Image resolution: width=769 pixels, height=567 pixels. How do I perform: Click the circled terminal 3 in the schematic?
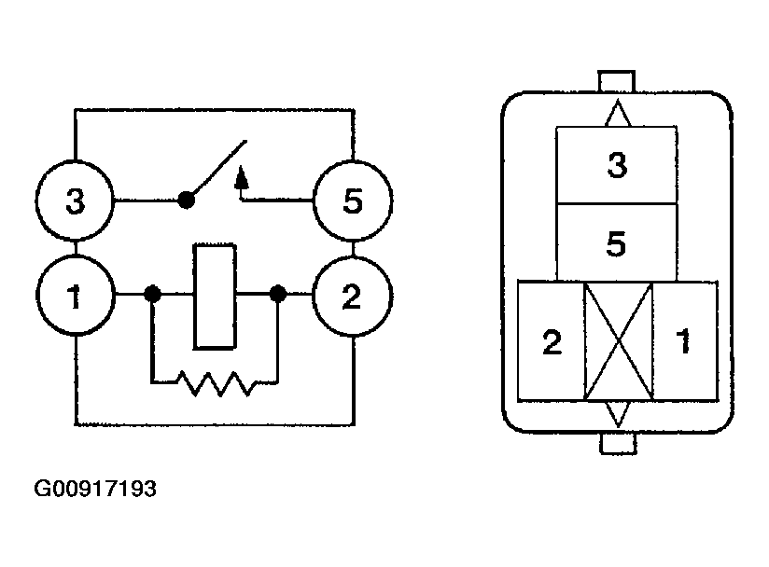pos(75,201)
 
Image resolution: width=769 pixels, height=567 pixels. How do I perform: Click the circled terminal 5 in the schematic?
pos(353,201)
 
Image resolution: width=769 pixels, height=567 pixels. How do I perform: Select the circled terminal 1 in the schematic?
pos(76,295)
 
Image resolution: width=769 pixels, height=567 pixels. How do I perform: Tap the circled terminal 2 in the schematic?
pos(352,296)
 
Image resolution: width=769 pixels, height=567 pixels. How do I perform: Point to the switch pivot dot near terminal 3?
pos(186,200)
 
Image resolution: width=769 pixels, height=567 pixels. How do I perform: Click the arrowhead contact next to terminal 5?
pos(241,178)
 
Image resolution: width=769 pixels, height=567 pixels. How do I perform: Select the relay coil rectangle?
pos(215,297)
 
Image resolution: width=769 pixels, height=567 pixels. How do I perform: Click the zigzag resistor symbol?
pos(216,383)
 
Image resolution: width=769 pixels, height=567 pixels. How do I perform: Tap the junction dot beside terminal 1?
pos(152,294)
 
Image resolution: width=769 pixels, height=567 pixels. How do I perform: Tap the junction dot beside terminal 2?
pos(278,294)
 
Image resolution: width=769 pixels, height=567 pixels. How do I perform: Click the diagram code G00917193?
pos(95,489)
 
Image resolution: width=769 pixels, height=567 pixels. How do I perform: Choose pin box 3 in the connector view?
pos(617,165)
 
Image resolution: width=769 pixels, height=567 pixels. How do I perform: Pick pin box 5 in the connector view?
pos(617,243)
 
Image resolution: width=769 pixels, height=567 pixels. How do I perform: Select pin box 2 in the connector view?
pos(552,341)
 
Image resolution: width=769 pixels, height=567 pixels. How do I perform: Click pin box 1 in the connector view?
pos(685,341)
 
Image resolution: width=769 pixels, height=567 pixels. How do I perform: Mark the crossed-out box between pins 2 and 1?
pos(619,341)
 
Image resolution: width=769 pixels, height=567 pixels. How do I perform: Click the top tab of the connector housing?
pos(617,81)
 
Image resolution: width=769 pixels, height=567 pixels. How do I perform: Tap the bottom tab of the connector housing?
pos(618,444)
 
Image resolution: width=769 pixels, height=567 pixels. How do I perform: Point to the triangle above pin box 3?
pos(618,113)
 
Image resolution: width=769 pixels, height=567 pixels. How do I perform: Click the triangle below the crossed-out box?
pos(618,414)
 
